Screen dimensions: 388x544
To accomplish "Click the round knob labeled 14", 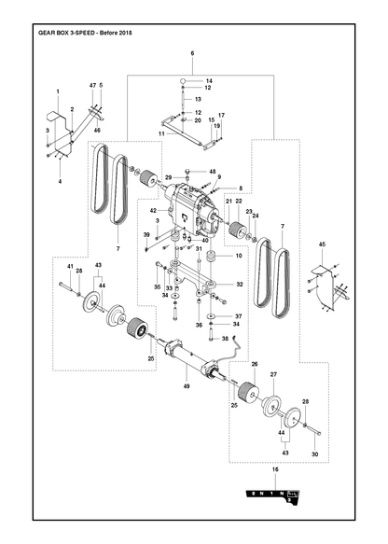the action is (183, 81).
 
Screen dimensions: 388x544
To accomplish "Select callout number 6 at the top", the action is (192, 53).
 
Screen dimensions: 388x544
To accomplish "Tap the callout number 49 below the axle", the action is (187, 386).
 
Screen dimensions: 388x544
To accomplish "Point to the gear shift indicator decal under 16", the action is (273, 495).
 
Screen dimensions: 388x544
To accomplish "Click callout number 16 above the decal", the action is (276, 469).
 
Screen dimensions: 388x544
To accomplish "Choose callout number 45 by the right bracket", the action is (322, 244).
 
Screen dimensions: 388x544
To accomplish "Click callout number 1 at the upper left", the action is (58, 91).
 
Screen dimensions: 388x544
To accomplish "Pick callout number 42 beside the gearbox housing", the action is (153, 210).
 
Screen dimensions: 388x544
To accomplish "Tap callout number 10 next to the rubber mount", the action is (239, 256).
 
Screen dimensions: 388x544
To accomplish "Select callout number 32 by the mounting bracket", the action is (240, 285).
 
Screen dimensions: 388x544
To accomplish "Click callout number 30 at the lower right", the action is (315, 454).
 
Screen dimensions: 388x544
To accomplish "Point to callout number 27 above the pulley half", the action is (273, 375).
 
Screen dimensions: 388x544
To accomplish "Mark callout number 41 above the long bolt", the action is (70, 266).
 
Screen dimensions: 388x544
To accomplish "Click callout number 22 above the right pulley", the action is (239, 201).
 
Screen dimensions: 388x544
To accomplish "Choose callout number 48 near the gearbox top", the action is (213, 172).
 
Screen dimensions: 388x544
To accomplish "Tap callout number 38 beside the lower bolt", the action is (225, 339).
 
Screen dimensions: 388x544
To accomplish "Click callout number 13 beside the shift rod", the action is (198, 99).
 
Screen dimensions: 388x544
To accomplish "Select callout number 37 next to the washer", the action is (238, 316).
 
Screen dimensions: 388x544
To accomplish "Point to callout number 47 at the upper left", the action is (92, 85).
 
